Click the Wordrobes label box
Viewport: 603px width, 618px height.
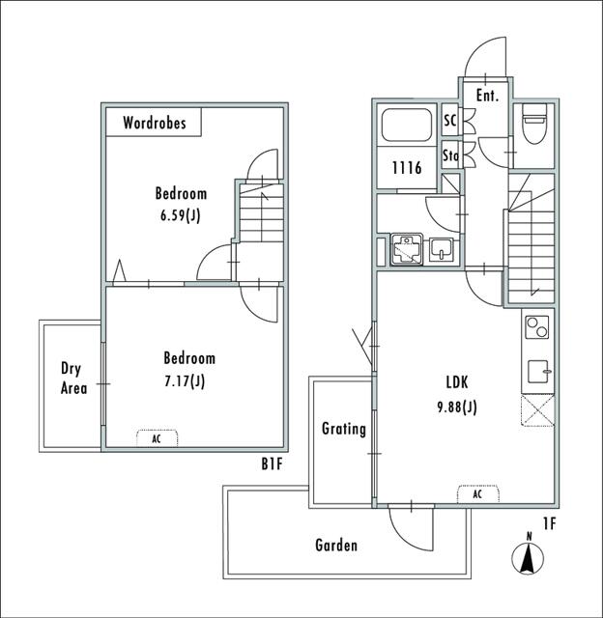(153, 123)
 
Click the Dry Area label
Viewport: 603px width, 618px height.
(73, 379)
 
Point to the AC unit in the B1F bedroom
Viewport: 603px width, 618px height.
(157, 437)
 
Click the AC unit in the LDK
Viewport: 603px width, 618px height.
(477, 493)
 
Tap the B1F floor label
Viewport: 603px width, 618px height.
(272, 464)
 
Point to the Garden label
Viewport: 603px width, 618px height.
(336, 546)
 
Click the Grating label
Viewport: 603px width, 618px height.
(343, 429)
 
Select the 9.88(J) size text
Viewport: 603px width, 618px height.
(455, 407)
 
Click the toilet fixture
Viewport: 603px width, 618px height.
(532, 126)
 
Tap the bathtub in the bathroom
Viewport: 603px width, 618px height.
(408, 127)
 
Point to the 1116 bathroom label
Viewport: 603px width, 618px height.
(406, 168)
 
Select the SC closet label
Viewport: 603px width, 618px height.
(449, 121)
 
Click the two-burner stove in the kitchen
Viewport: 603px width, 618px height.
(536, 327)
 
